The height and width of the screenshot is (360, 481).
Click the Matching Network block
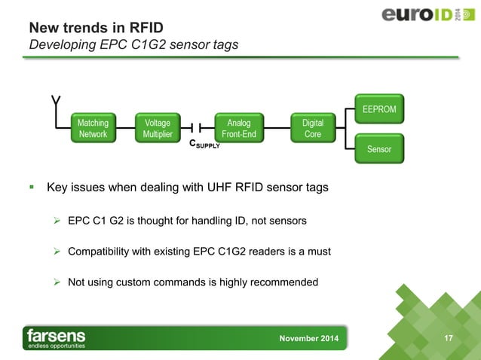(93, 128)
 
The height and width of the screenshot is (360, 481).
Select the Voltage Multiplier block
(158, 128)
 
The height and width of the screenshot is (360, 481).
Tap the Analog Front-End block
(235, 128)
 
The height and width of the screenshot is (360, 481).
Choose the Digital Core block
(312, 128)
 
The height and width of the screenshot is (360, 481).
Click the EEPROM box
(379, 108)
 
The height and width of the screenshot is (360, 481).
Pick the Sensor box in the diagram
(379, 148)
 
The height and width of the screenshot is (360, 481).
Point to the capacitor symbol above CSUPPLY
(196, 128)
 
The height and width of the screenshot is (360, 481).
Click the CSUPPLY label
(204, 143)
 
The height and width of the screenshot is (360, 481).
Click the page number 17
(449, 337)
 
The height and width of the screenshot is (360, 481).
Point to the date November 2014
(309, 338)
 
